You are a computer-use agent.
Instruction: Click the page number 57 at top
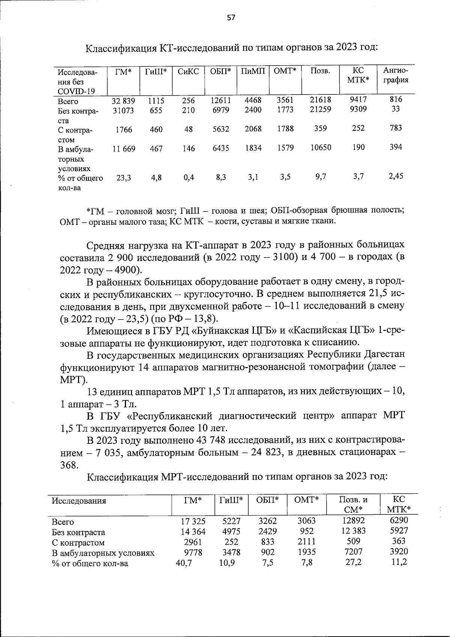coord(231,17)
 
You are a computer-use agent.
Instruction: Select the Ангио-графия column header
coord(396,75)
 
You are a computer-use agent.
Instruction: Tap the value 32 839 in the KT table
coord(123,101)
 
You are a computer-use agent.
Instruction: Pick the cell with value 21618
coord(321,100)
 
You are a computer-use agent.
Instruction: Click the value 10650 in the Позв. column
coord(321,147)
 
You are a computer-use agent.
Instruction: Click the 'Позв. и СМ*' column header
coord(353,505)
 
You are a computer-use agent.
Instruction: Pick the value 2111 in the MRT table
coord(306,542)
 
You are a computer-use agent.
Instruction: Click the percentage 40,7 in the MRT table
coord(184,563)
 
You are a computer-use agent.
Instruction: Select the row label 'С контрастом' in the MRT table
coord(78,543)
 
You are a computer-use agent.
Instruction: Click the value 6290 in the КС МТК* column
coord(399,520)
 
